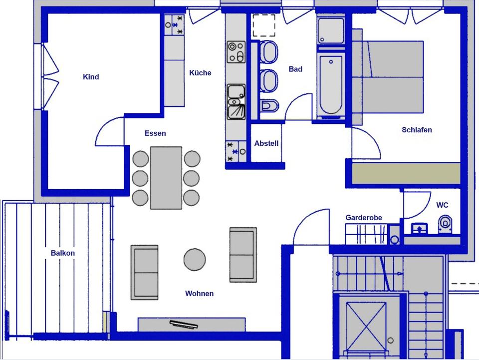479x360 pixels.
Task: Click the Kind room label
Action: pos(91,77)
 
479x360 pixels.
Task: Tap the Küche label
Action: pos(200,73)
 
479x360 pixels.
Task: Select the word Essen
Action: pos(155,133)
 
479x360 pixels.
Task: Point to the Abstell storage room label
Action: pos(266,143)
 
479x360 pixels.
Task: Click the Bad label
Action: pos(295,69)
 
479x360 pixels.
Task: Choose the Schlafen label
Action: pos(417,130)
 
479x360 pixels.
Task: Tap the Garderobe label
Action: pos(364,218)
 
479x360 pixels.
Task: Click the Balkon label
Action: pos(63,253)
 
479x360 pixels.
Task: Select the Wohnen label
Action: pos(200,294)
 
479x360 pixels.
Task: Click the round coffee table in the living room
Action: pos(195,259)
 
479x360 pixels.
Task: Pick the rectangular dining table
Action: pos(166,178)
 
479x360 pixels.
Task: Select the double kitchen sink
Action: pos(236,102)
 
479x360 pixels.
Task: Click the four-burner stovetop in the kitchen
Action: pos(236,52)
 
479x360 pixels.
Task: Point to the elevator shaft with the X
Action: pos(366,325)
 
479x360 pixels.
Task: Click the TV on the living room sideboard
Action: pos(184,325)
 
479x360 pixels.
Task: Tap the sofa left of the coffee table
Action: pos(144,272)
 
